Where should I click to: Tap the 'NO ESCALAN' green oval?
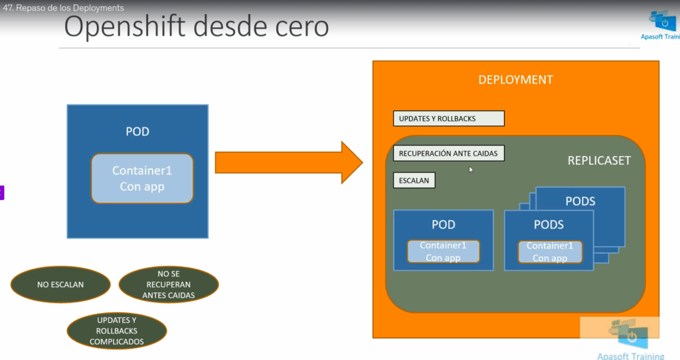click(x=60, y=284)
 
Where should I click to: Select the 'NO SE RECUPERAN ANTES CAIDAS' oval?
click(x=169, y=284)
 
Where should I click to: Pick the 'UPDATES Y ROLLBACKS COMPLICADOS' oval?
click(x=117, y=331)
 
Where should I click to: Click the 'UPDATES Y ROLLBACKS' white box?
click(x=448, y=119)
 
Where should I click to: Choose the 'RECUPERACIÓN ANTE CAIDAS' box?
click(x=448, y=153)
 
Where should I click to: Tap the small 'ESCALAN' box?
click(x=414, y=180)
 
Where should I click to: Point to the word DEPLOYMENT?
click(x=515, y=80)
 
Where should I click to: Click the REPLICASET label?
click(x=599, y=161)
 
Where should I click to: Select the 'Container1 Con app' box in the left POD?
click(x=142, y=179)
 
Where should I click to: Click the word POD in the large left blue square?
click(x=137, y=132)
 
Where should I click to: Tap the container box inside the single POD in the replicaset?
click(x=443, y=252)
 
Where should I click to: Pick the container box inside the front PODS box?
click(x=550, y=252)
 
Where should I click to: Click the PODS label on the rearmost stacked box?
click(x=580, y=201)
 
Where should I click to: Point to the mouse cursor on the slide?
click(x=471, y=169)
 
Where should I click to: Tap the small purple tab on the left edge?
click(x=2, y=193)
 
